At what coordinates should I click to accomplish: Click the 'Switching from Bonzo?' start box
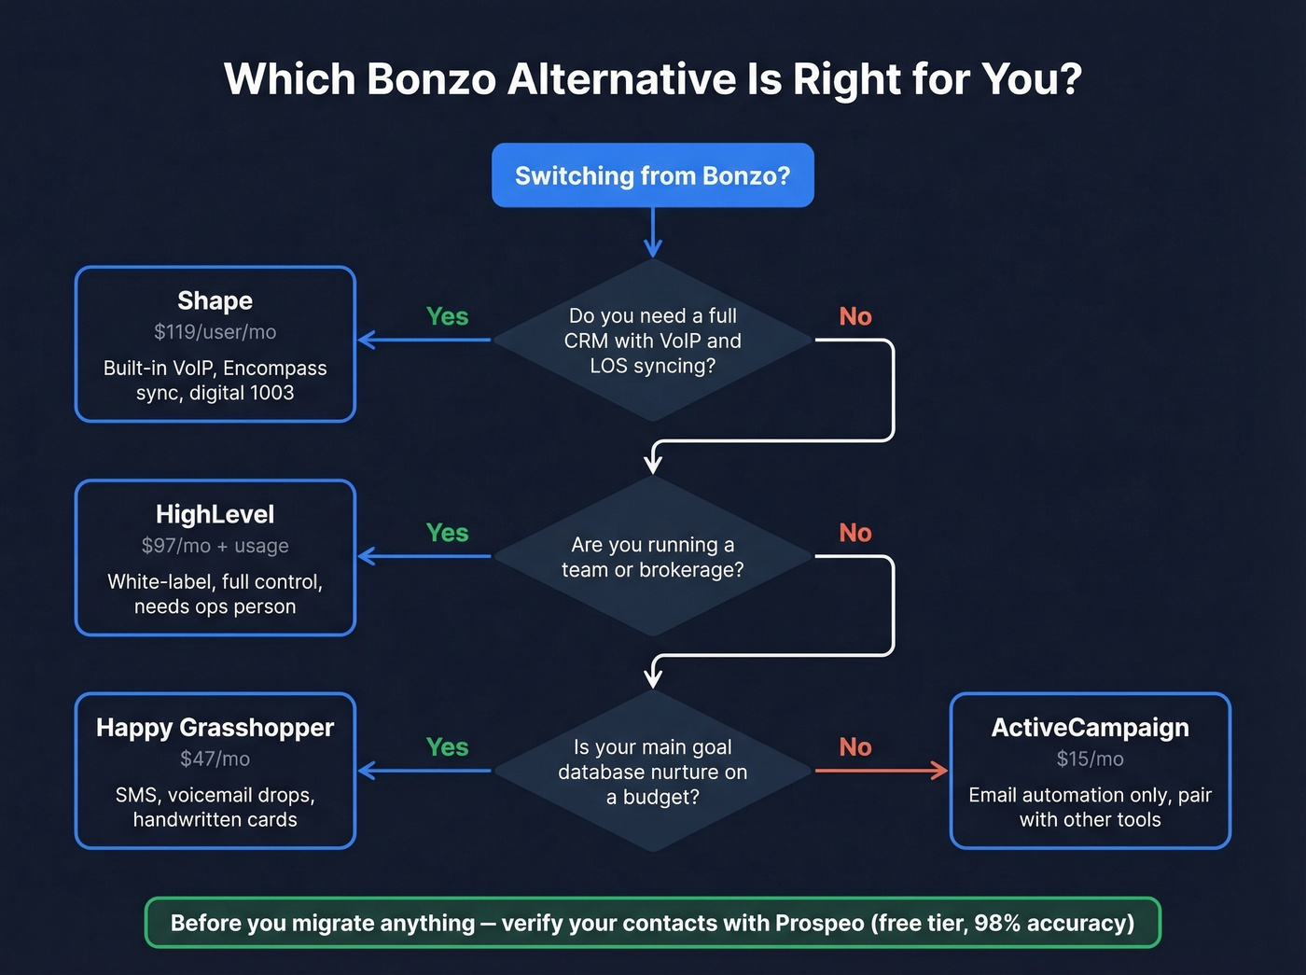coord(652,175)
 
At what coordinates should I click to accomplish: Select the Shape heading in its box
coord(215,300)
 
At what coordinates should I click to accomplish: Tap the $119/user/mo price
coord(215,332)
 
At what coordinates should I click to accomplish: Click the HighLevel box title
coord(215,514)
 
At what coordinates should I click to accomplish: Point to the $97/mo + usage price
coord(215,546)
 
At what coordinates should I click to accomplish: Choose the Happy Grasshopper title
coord(215,728)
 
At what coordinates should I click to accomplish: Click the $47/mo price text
coord(215,759)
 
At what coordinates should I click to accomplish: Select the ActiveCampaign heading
coord(1090,728)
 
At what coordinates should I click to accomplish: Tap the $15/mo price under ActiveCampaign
coord(1090,759)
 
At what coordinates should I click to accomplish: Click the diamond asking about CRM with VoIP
coord(652,341)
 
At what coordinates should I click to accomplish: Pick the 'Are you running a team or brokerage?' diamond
coord(652,557)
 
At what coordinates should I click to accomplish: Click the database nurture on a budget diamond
coord(652,772)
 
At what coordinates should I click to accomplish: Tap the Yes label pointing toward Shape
coord(447,316)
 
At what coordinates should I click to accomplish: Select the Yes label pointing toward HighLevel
coord(447,533)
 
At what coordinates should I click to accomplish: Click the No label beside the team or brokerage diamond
coord(854,533)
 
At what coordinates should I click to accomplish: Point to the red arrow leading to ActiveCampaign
coord(881,771)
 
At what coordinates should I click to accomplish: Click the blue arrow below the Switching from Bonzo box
coord(653,232)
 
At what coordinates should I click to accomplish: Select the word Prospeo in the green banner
coord(819,923)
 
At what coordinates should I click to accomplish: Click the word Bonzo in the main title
coord(431,79)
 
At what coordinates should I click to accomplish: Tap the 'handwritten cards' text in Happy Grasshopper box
coord(215,819)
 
